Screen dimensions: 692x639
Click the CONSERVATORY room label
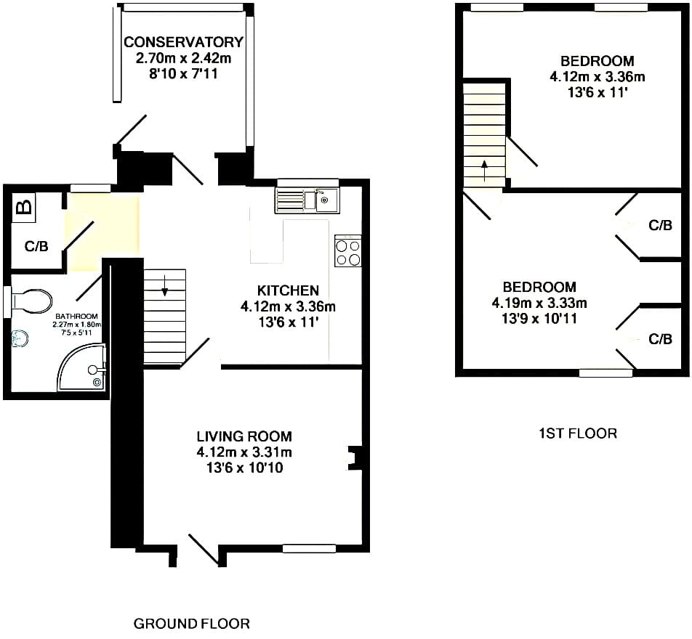(183, 42)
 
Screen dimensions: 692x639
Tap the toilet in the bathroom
(31, 301)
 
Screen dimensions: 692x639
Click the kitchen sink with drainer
(307, 200)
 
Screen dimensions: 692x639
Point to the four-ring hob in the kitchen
(347, 251)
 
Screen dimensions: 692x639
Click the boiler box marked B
(25, 206)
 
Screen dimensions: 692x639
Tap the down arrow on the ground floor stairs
(164, 286)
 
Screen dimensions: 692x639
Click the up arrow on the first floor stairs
(484, 171)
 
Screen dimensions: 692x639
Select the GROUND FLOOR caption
(192, 624)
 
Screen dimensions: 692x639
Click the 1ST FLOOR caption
(578, 434)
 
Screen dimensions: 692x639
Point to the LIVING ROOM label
(244, 436)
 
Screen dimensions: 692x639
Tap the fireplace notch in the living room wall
(353, 459)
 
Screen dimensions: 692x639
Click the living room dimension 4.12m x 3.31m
(244, 452)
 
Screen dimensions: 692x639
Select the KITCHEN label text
(288, 290)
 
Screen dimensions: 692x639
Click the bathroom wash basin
(20, 338)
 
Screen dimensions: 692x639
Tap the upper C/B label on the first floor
(660, 225)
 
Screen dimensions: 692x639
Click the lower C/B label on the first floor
(660, 338)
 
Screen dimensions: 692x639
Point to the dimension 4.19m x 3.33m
(539, 303)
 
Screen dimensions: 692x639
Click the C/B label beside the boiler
(36, 246)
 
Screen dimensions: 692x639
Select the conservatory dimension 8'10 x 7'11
(183, 73)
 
